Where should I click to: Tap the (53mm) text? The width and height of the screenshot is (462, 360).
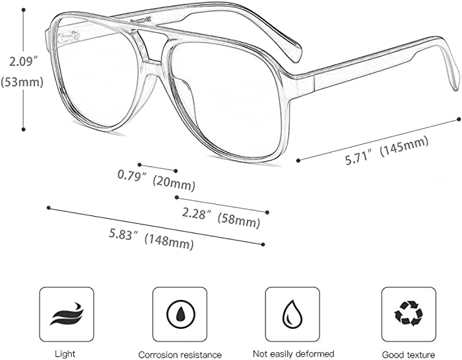tap(22, 82)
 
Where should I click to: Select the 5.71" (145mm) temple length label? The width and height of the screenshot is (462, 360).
tap(386, 151)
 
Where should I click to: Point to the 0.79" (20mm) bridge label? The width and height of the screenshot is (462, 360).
tap(156, 180)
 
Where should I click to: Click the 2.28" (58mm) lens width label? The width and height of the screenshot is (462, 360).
tap(221, 217)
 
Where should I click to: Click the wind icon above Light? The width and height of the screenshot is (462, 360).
tap(67, 314)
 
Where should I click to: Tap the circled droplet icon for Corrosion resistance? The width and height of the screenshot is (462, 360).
tap(180, 314)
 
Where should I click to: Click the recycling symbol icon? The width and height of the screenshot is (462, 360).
tap(409, 314)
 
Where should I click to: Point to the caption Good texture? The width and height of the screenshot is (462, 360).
tap(409, 355)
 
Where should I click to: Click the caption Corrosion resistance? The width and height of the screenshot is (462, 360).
tap(180, 355)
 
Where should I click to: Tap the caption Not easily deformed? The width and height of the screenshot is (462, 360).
tap(294, 354)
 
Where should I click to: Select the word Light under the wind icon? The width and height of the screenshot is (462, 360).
tap(65, 354)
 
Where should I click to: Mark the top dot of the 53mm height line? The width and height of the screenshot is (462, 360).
tap(24, 10)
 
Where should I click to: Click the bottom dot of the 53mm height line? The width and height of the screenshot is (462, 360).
tap(24, 129)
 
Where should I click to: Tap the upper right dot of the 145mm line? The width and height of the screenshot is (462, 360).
tap(459, 119)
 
